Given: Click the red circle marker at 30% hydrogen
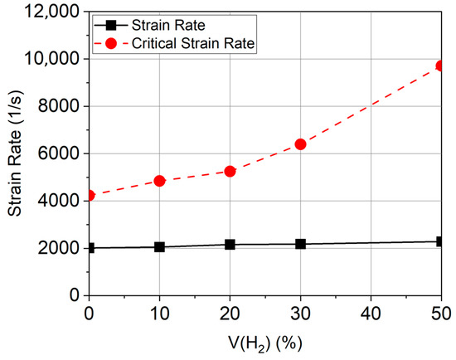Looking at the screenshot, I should coord(300,144).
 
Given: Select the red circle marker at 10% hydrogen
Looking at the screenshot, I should coord(159,180).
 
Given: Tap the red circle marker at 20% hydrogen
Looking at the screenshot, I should coord(230,171).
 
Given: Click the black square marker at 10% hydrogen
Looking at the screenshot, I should coord(159,247).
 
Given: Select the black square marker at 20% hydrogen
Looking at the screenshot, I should coord(230,245).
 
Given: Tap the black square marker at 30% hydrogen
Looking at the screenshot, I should coord(300,244).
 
